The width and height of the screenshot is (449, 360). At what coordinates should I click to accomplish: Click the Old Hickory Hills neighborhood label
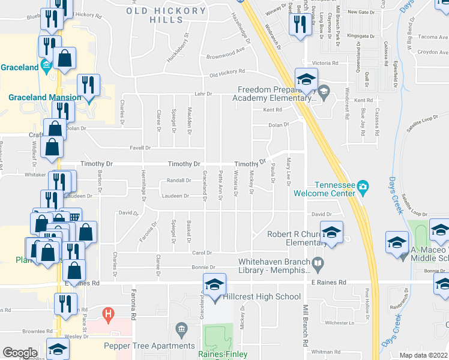[164, 14]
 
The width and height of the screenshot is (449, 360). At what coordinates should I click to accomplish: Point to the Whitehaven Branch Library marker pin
[317, 262]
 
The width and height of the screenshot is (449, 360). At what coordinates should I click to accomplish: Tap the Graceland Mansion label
[44, 98]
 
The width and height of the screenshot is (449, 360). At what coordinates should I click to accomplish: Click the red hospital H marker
[108, 313]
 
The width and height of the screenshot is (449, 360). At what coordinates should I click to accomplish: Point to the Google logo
[20, 353]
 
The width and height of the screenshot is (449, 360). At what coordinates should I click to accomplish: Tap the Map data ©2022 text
[423, 355]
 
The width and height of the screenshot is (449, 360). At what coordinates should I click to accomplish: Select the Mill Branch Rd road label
[306, 333]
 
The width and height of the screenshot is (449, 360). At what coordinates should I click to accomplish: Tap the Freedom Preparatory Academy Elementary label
[273, 94]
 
